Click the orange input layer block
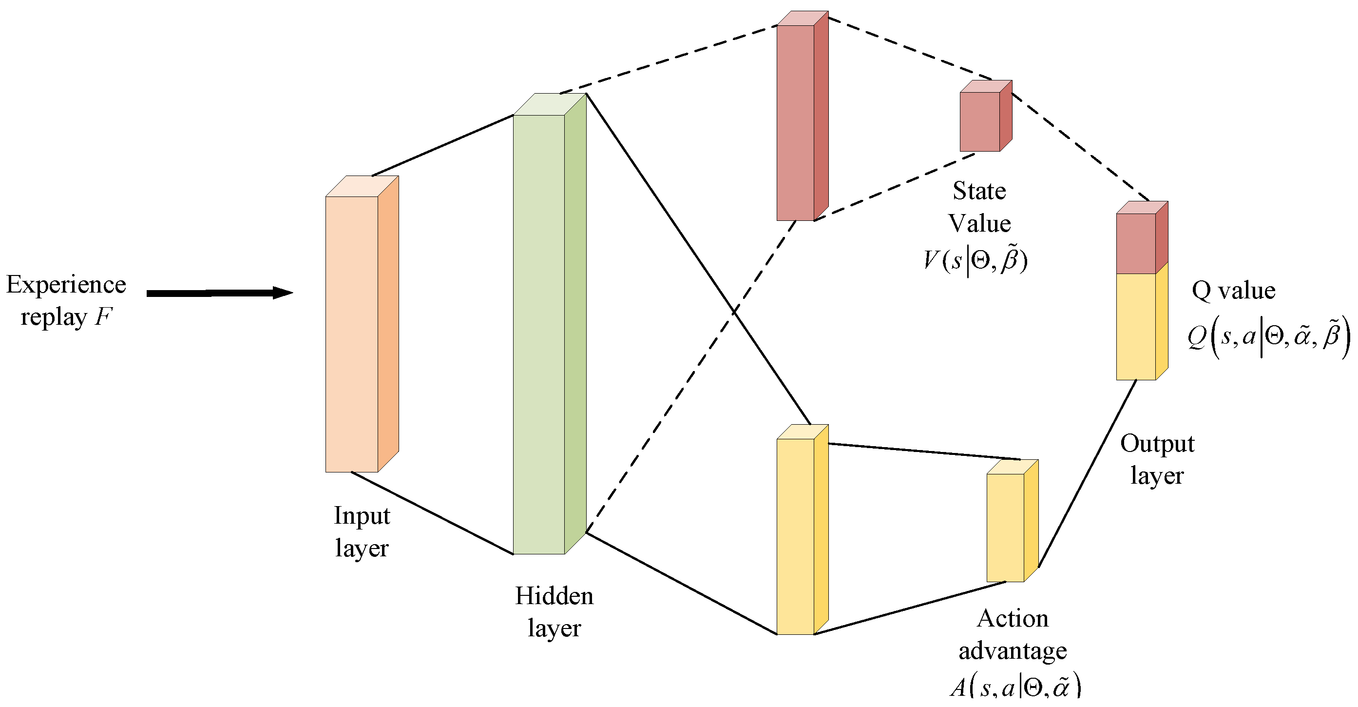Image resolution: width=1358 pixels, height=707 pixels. coord(352,334)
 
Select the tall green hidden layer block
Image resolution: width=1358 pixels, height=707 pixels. coord(539,334)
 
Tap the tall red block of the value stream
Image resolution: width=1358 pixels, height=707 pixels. coord(796,122)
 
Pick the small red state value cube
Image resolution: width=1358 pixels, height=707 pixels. coord(980,121)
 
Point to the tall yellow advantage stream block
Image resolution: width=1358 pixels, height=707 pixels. coord(796,535)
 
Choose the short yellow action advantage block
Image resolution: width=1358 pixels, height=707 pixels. coord(1005,527)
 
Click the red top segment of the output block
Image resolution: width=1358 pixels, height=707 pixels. coord(1136,243)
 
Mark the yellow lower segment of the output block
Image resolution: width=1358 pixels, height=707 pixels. coord(1136,326)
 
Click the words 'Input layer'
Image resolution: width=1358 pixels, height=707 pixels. coord(362,531)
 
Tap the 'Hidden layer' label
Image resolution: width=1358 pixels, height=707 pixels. coord(554,611)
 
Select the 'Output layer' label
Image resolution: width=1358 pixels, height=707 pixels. coord(1157,459)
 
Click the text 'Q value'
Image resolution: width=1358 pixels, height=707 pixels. coord(1234,290)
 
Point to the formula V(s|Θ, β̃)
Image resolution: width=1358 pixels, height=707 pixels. coord(976,261)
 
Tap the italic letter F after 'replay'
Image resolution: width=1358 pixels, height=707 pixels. coord(103,317)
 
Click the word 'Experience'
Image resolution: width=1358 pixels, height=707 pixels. coord(66,284)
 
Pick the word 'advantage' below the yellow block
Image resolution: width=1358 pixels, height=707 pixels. coord(1013,650)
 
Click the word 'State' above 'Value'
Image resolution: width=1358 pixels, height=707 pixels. coord(979,191)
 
